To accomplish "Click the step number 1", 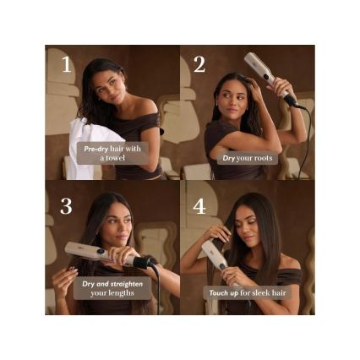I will coord(66,66).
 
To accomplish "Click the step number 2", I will coord(199,65).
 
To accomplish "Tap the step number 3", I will coord(66,207).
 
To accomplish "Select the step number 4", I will coord(199,207).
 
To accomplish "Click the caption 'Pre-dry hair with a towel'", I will coord(112,153).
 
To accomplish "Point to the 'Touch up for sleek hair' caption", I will coord(247,293).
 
